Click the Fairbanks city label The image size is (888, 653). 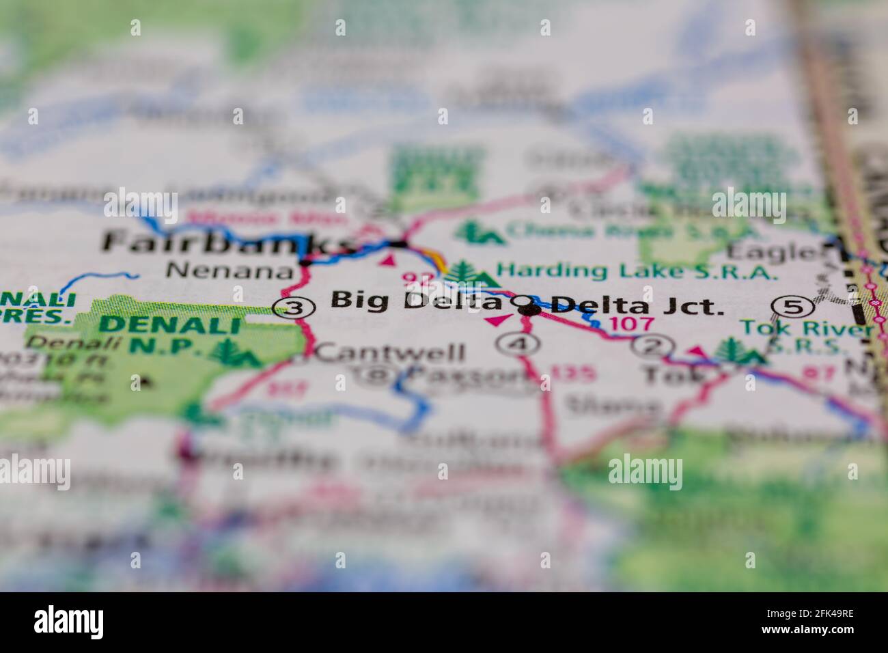coord(225,244)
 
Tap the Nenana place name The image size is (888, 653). coord(229,270)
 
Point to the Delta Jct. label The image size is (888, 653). coord(637,305)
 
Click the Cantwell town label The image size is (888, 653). coord(391,352)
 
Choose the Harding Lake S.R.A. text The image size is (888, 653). coord(637,271)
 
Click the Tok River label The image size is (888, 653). coord(806,329)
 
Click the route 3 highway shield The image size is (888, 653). coord(294,308)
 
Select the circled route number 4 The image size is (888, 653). coord(522,345)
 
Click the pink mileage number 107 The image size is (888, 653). coord(631,324)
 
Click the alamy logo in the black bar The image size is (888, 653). coord(69,622)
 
